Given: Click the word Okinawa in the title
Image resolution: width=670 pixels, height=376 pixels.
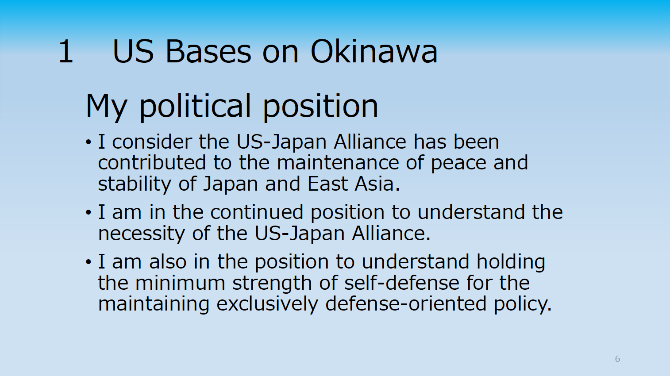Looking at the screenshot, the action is click(x=374, y=51).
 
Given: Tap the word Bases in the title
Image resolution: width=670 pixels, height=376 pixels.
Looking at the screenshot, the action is click(x=208, y=51).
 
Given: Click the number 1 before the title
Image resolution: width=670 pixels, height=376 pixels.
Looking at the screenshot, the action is click(x=66, y=51).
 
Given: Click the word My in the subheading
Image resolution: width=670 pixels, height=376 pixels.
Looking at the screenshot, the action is click(x=107, y=107).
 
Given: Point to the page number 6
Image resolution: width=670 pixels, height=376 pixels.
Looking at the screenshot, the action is click(x=617, y=359).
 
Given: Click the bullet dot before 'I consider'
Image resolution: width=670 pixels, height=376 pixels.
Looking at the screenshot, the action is click(x=88, y=142).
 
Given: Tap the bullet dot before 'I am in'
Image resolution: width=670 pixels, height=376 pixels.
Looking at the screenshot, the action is click(x=88, y=213).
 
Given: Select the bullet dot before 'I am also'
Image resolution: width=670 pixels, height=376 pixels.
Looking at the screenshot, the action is click(x=88, y=262).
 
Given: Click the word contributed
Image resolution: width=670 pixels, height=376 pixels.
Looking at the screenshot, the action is click(x=152, y=163).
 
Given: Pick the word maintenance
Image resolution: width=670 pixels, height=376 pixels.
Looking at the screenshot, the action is click(x=338, y=163).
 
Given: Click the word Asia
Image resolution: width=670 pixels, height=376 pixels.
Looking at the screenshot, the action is click(x=377, y=184).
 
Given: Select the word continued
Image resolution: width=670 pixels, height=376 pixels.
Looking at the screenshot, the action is click(x=257, y=212).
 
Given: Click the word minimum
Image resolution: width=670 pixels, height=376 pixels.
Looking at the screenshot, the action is click(x=181, y=283).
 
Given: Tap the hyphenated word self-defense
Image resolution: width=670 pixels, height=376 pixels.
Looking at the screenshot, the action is click(x=402, y=283).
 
